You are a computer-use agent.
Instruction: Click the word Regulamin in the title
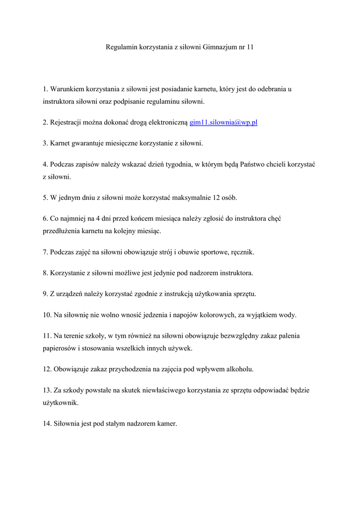[121, 47]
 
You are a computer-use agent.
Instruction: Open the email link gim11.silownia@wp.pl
[223, 123]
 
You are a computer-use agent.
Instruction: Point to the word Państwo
[240, 164]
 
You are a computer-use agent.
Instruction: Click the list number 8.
[45, 273]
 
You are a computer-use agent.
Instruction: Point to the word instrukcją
[169, 294]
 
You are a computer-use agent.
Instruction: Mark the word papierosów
[59, 348]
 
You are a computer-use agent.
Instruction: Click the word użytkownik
[60, 403]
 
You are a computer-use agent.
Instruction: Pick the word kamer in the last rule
[167, 424]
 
